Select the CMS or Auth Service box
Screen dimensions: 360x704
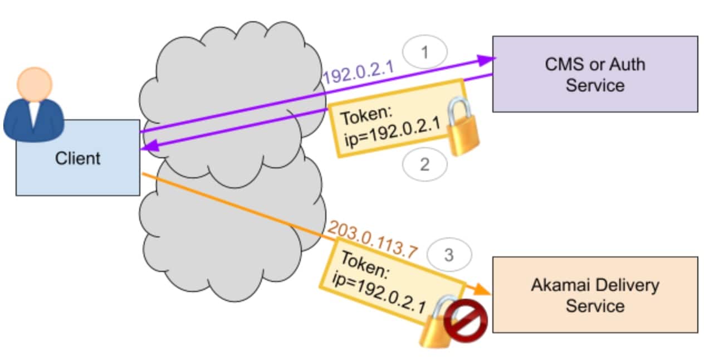tap(595, 74)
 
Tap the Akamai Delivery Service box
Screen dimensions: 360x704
tap(595, 295)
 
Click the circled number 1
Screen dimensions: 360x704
tap(425, 53)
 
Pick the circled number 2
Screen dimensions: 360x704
tap(425, 166)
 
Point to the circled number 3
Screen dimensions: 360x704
tap(449, 255)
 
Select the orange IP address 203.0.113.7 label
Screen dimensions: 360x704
tap(372, 237)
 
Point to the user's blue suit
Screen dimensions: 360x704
tap(33, 120)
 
